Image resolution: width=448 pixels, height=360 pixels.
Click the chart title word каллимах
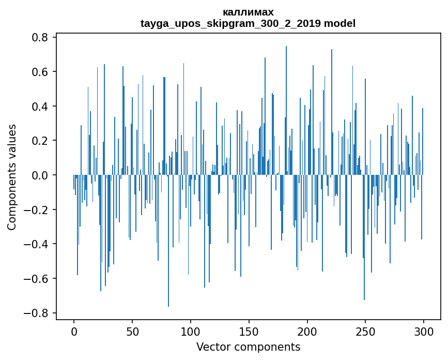[248, 12]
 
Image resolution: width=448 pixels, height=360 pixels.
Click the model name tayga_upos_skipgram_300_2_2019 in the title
[231, 23]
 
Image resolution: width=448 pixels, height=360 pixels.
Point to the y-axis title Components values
[12, 177]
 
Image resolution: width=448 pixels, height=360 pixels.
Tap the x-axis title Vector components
[248, 347]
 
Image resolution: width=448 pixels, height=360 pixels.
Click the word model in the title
[339, 23]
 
